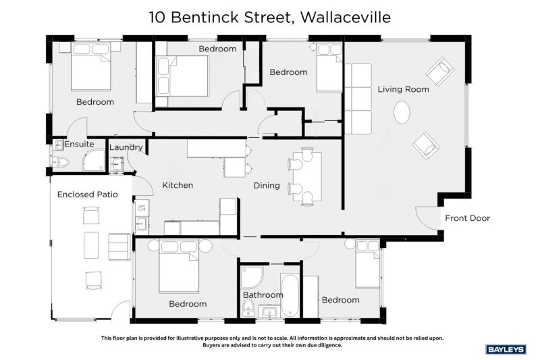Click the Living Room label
point(403,89)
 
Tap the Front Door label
point(467,218)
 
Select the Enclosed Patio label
point(88,195)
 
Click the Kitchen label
point(178,185)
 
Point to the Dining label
point(267,186)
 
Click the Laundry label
point(126,147)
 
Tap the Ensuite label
point(79,144)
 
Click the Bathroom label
point(263,295)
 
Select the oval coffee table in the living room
point(402,112)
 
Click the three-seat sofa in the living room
point(358,99)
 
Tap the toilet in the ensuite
point(61,161)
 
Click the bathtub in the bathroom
point(290,295)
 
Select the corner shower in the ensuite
point(93,160)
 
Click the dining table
point(307,176)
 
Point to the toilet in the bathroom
point(248,307)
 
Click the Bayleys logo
point(506,350)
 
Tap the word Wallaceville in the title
point(346,18)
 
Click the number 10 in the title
point(157,18)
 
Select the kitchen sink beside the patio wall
point(141,224)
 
